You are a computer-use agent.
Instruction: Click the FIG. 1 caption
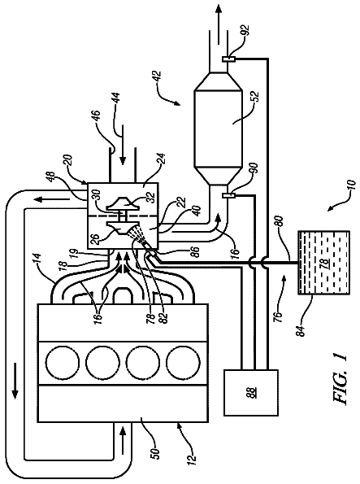click(x=340, y=379)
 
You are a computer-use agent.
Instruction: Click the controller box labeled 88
click(x=250, y=392)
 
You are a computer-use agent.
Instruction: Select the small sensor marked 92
click(x=228, y=59)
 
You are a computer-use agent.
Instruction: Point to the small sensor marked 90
click(x=228, y=195)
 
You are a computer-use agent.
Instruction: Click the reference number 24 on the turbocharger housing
click(x=162, y=160)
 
